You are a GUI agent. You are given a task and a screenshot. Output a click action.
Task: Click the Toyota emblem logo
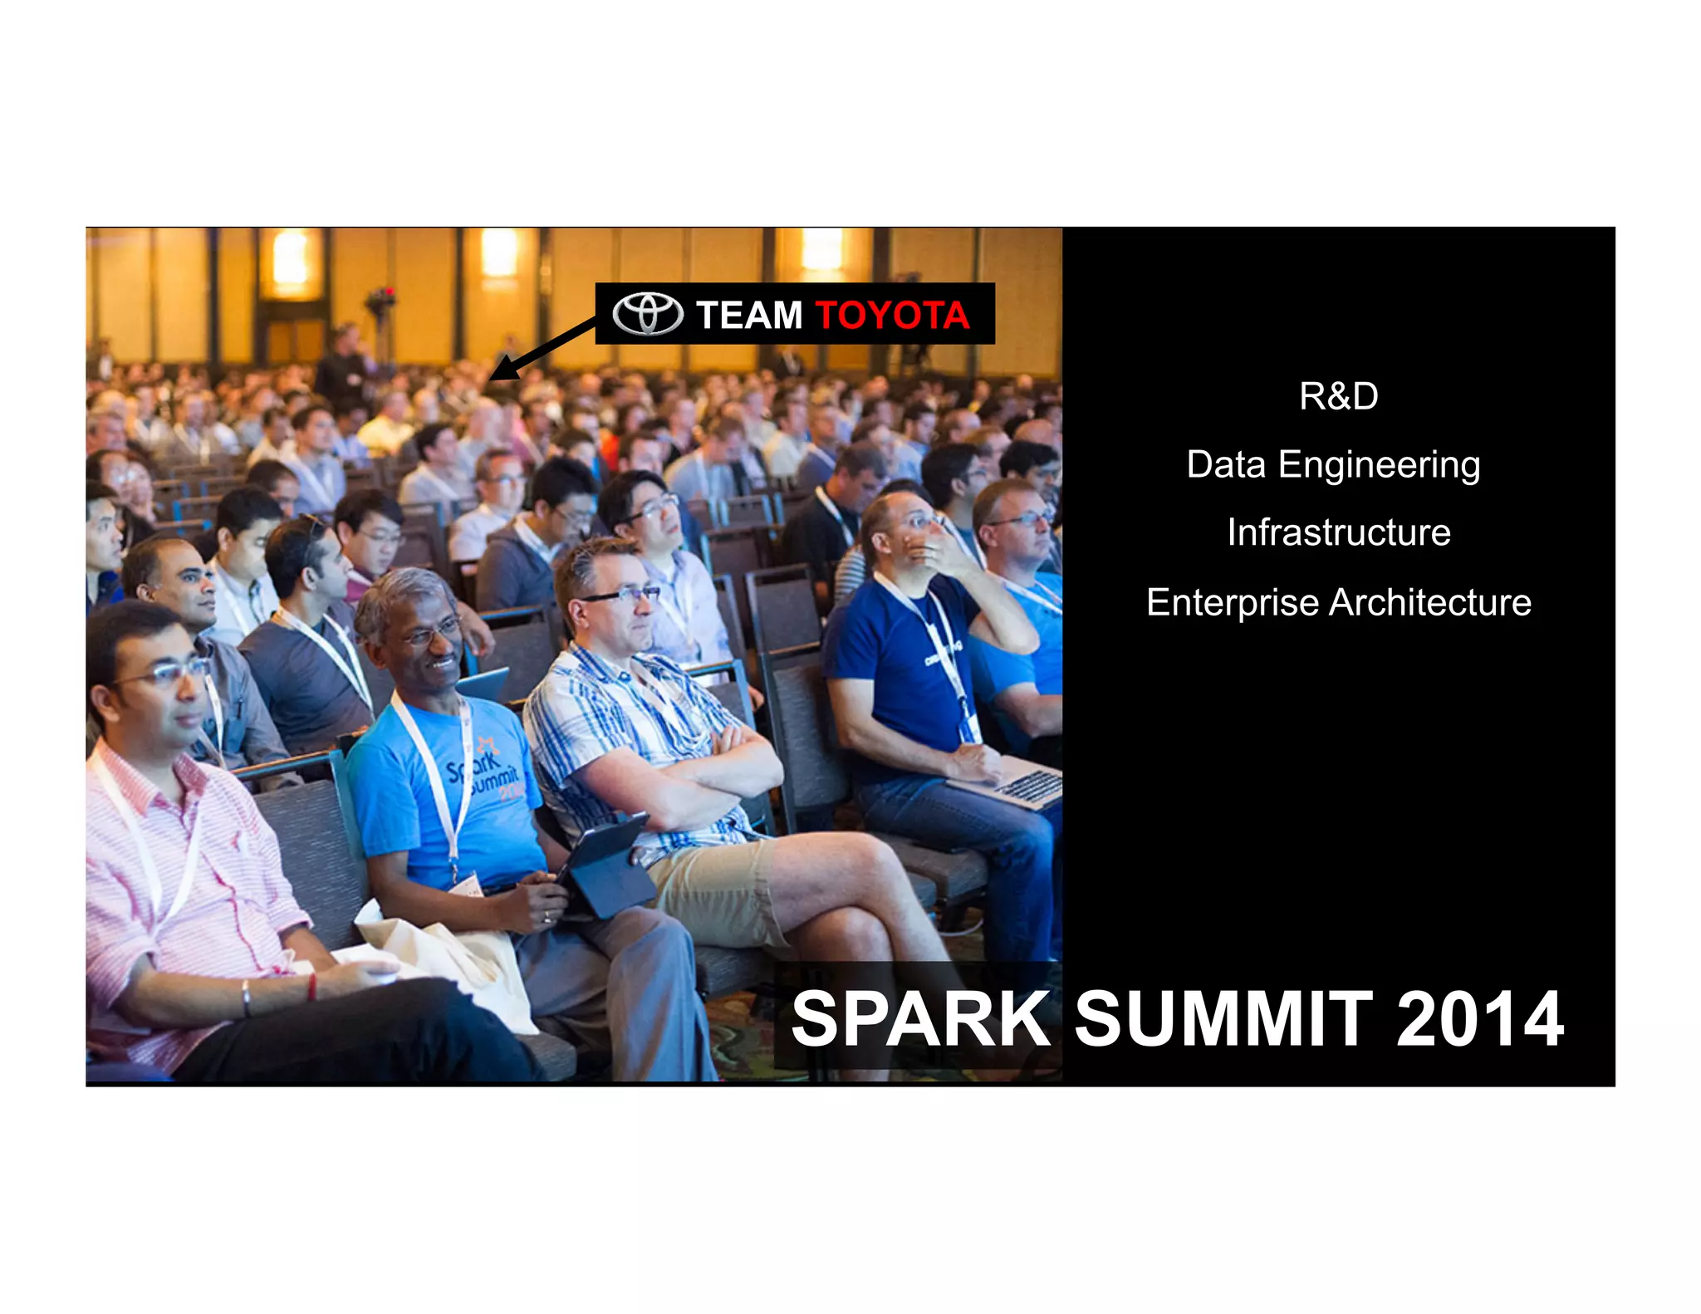click(648, 314)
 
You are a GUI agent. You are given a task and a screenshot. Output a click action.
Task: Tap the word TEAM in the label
click(749, 316)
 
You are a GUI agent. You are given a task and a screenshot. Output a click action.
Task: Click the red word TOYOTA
click(892, 316)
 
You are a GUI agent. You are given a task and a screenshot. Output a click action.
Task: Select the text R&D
click(1338, 396)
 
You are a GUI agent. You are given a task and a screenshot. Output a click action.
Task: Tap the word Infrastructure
click(1338, 532)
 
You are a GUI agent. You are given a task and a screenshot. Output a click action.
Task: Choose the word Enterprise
click(1232, 602)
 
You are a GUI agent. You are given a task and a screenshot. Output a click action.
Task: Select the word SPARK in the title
click(920, 1019)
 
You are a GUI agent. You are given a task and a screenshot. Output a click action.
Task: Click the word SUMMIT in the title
click(1223, 1019)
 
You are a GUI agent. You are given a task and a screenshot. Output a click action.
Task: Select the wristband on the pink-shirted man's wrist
click(246, 997)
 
